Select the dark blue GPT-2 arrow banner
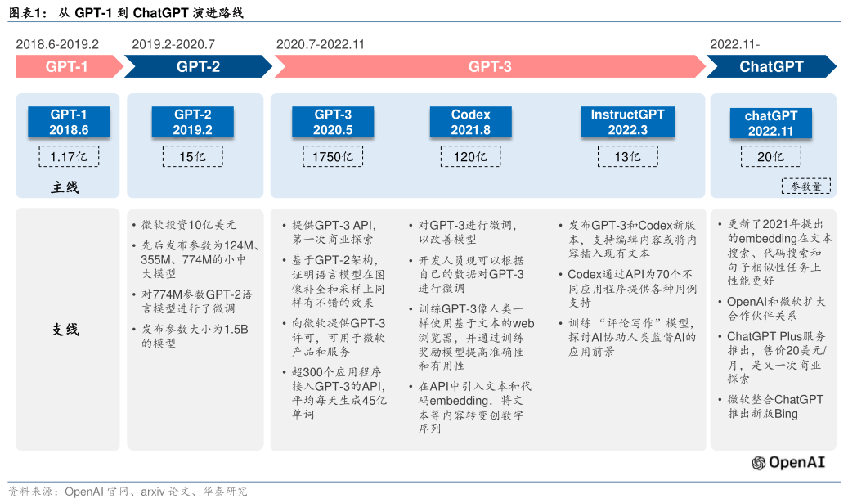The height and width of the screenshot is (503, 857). coord(198,67)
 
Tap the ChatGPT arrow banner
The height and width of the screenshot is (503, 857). coord(771,67)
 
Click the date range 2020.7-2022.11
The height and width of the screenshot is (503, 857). coord(321,44)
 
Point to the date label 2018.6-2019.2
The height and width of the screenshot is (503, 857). coord(57,44)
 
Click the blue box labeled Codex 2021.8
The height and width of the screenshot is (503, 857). coord(470,122)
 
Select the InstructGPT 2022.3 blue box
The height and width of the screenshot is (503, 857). coord(627,122)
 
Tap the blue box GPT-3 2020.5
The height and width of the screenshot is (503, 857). coord(333,122)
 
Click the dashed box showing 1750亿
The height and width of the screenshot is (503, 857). coord(333,156)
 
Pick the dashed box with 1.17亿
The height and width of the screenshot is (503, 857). coord(69,156)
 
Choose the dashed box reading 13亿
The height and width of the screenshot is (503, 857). coord(627,156)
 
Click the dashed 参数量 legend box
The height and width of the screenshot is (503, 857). coord(806,186)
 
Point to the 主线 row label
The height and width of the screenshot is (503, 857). coord(65,187)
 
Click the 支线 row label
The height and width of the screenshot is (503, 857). coord(65,329)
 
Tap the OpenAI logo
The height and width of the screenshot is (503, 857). coord(788,463)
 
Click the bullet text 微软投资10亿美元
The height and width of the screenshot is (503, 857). coord(189,225)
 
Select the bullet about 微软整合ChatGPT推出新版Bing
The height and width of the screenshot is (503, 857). coord(775,406)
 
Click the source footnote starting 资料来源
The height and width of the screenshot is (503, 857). coord(128,492)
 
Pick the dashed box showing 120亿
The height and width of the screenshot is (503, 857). coord(470,156)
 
